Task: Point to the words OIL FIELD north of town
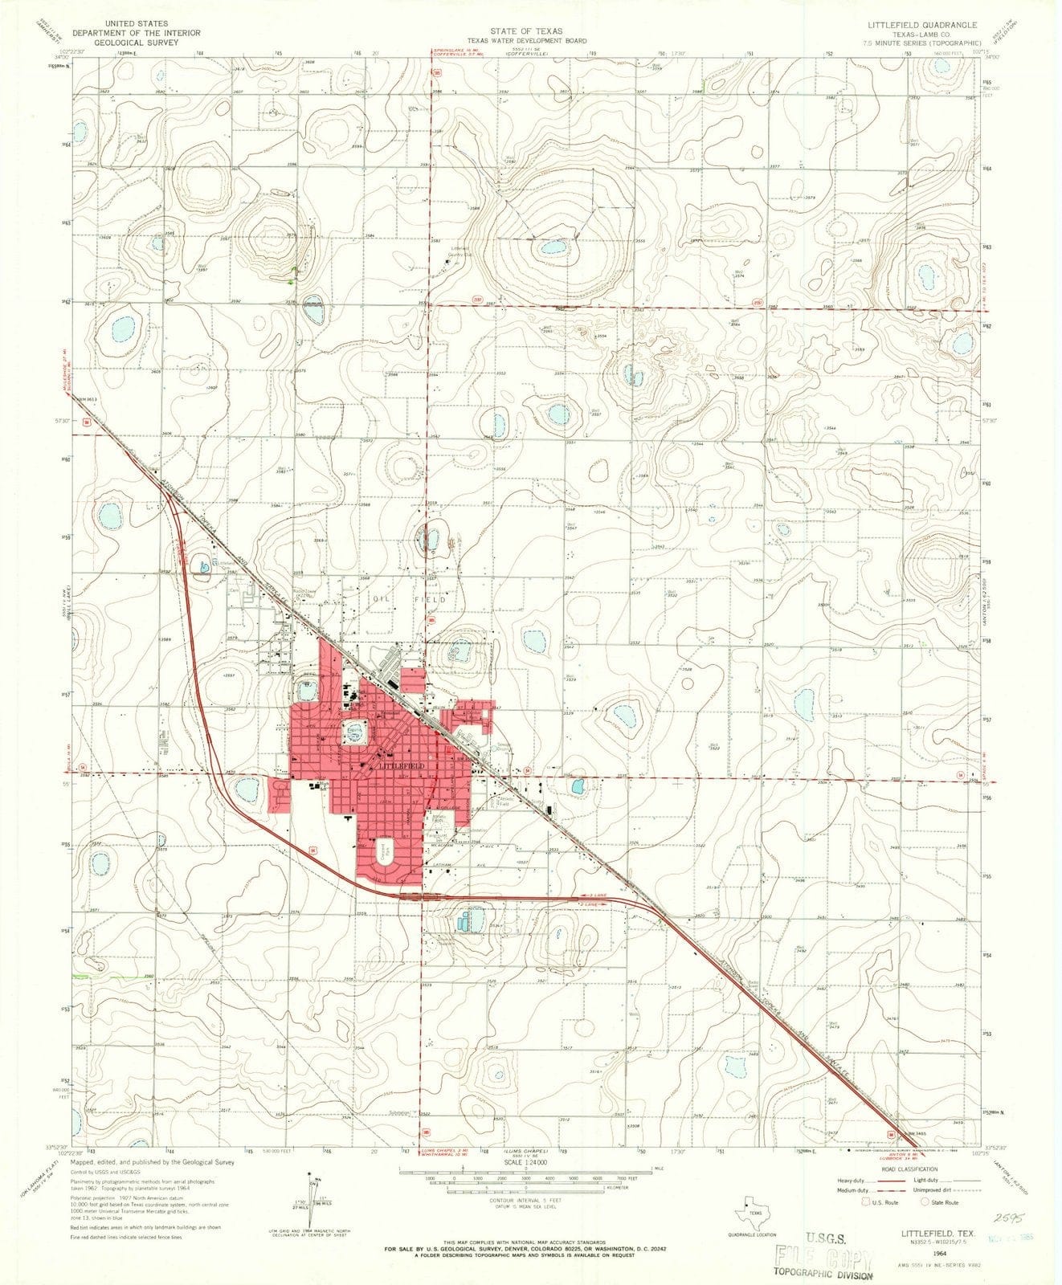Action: click(x=407, y=598)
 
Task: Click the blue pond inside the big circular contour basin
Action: click(x=554, y=247)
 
